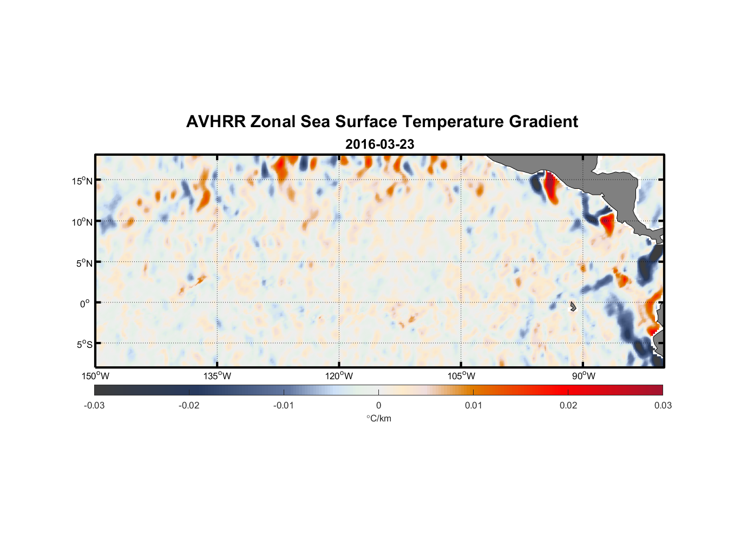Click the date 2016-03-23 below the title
379,144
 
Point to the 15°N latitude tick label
82,181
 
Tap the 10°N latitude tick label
82,222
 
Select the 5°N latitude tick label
83,263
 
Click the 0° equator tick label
85,304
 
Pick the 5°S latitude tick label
83,345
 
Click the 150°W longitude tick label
96,376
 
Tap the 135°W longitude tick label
218,376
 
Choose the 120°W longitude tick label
339,376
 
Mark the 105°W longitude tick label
461,376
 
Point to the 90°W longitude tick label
583,376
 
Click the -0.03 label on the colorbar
94,405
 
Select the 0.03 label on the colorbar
663,405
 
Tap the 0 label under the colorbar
378,405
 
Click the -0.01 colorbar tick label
284,405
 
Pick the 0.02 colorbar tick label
568,405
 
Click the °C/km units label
379,418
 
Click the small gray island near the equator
573,307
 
